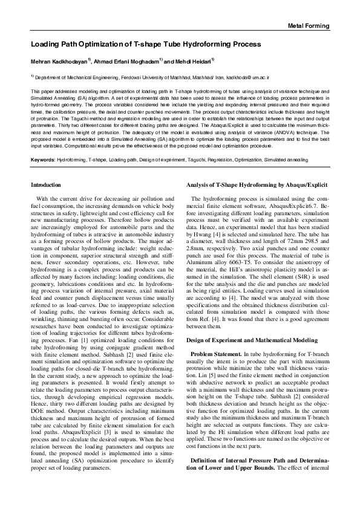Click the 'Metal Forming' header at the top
click(308, 26)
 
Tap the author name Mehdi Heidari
click(194, 62)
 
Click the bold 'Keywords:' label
click(42, 160)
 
